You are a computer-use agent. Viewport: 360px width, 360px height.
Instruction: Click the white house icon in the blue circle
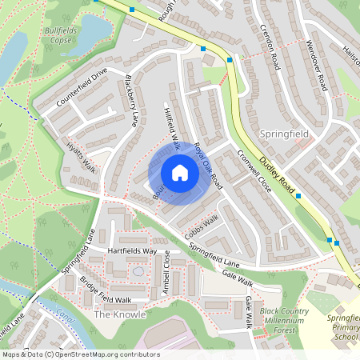(x=180, y=173)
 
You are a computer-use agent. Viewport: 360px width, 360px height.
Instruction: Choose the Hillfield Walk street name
(x=170, y=127)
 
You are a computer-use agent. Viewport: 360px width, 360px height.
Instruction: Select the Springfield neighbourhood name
(x=284, y=131)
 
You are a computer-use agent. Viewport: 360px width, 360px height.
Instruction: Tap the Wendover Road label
(x=316, y=64)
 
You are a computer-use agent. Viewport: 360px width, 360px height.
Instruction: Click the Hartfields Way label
(x=132, y=251)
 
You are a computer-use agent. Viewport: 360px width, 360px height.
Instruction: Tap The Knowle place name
(x=120, y=314)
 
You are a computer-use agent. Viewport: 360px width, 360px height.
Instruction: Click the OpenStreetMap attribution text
(x=80, y=354)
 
